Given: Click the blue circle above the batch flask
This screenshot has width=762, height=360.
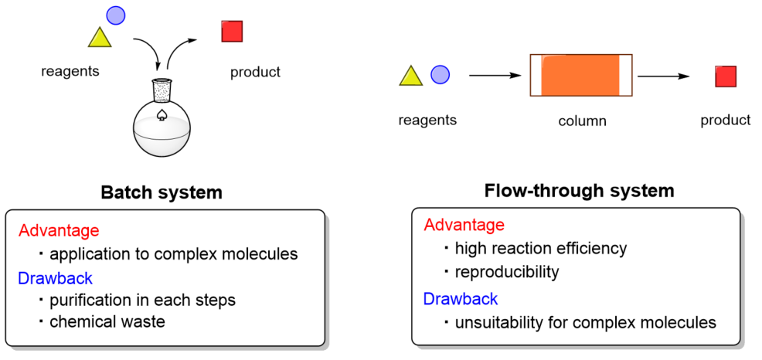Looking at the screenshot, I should click(x=115, y=14).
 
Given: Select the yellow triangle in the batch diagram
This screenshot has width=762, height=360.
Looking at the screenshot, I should click(x=100, y=37).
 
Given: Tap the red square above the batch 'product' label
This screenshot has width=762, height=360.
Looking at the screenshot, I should click(x=232, y=32).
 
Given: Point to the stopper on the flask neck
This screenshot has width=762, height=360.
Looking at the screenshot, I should click(x=162, y=90).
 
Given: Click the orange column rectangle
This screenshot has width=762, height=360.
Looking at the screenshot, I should click(x=580, y=75).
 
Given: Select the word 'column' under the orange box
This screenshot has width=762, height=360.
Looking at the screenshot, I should click(x=582, y=121).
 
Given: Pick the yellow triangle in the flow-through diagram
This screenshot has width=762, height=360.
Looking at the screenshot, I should click(x=410, y=76).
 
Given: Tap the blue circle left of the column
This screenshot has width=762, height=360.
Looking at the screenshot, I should click(x=440, y=74).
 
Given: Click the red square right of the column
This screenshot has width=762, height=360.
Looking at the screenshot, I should click(x=726, y=76).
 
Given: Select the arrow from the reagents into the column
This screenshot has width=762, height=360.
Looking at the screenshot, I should click(x=495, y=76).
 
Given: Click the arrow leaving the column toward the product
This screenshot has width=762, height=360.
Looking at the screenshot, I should click(x=663, y=76).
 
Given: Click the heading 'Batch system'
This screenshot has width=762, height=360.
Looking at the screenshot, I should click(x=162, y=193).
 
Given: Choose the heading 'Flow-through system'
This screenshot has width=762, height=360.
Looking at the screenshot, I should click(x=579, y=190).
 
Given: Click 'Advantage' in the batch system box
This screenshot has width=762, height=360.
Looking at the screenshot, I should click(x=59, y=230).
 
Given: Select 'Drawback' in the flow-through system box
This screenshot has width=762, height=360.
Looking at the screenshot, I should click(x=461, y=298).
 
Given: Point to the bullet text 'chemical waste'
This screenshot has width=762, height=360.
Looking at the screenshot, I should click(x=107, y=321).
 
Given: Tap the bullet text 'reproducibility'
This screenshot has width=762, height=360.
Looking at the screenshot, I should click(x=506, y=273).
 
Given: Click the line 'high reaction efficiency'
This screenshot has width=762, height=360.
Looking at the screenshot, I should click(x=540, y=249).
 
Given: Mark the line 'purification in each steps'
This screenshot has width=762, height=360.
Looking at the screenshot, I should click(x=142, y=300).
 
